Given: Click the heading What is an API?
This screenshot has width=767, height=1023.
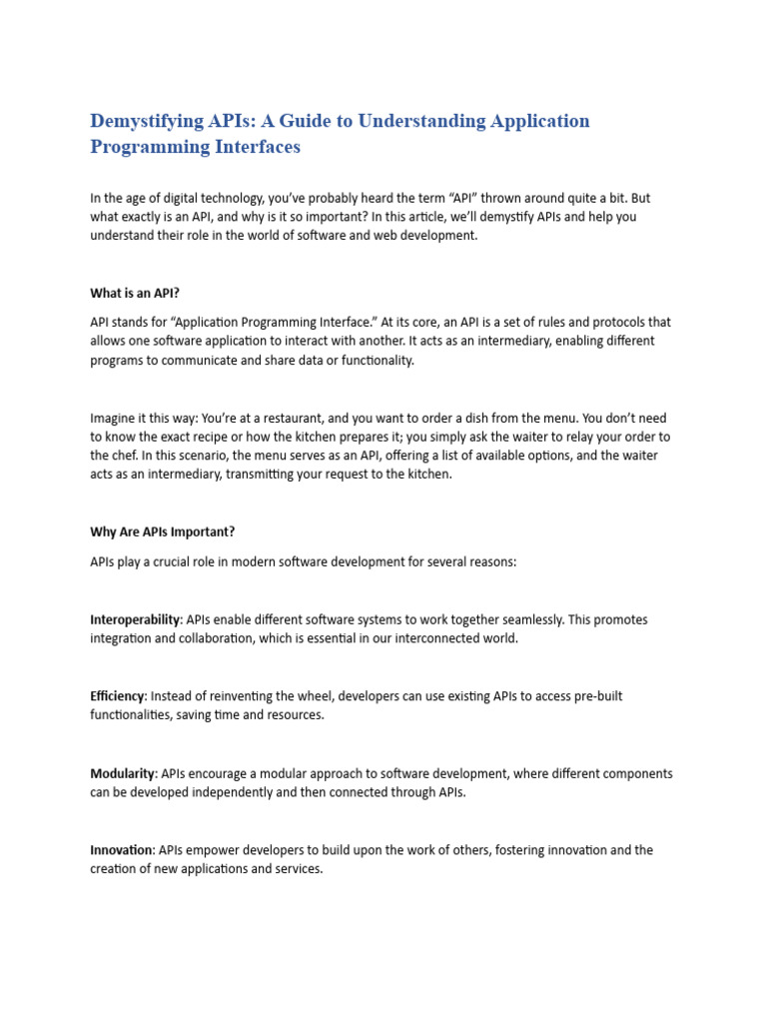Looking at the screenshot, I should pyautogui.click(x=135, y=294).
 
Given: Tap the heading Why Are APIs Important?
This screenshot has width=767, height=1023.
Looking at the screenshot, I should pyautogui.click(x=162, y=531).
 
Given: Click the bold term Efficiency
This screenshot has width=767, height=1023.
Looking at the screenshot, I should pyautogui.click(x=118, y=696).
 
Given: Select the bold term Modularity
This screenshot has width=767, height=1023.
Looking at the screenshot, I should pyautogui.click(x=123, y=774).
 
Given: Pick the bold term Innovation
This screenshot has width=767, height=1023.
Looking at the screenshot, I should pyautogui.click(x=121, y=851).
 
